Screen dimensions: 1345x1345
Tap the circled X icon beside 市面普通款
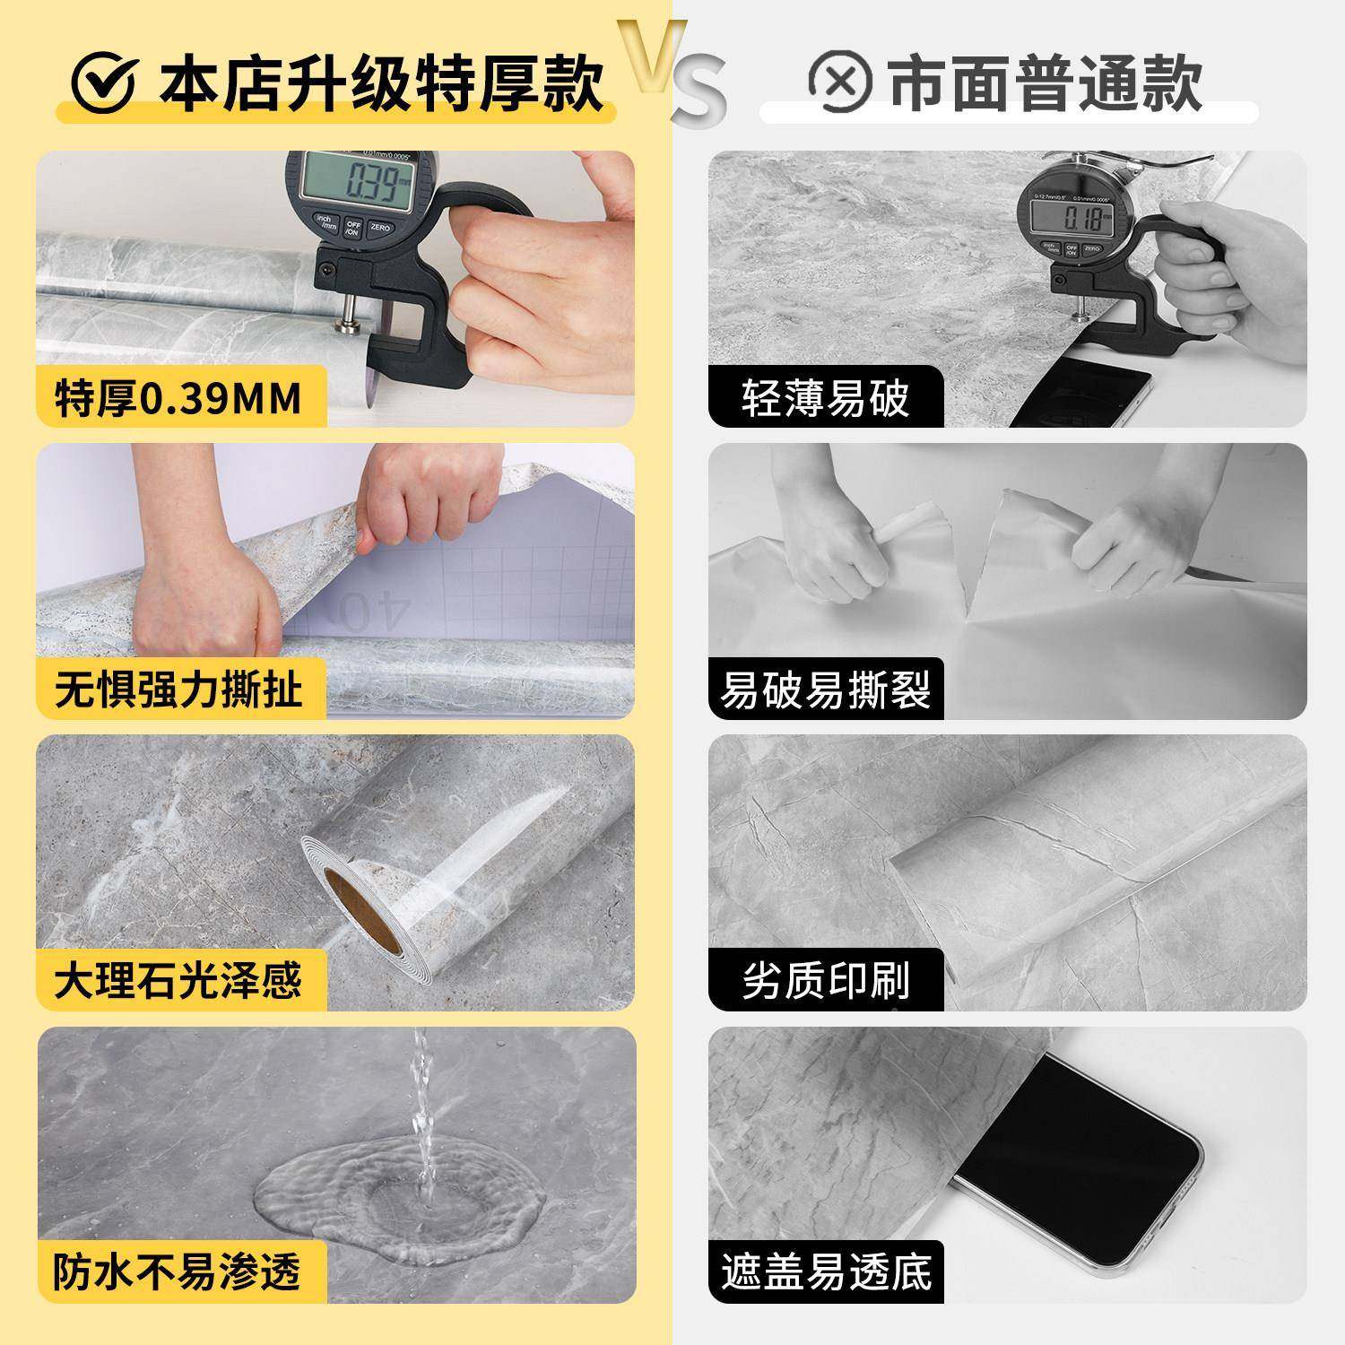click(839, 82)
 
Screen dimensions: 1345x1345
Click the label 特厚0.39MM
click(178, 397)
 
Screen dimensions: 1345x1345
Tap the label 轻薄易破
click(825, 397)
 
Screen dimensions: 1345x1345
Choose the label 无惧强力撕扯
click(178, 690)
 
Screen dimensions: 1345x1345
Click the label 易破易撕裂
click(825, 690)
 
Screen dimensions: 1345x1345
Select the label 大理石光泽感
click(178, 980)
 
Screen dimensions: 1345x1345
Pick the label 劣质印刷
click(825, 980)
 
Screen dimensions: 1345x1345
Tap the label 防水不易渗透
click(178, 1272)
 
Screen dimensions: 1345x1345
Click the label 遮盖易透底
click(825, 1272)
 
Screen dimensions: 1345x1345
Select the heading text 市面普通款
click(1045, 82)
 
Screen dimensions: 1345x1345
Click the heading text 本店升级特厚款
click(381, 83)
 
